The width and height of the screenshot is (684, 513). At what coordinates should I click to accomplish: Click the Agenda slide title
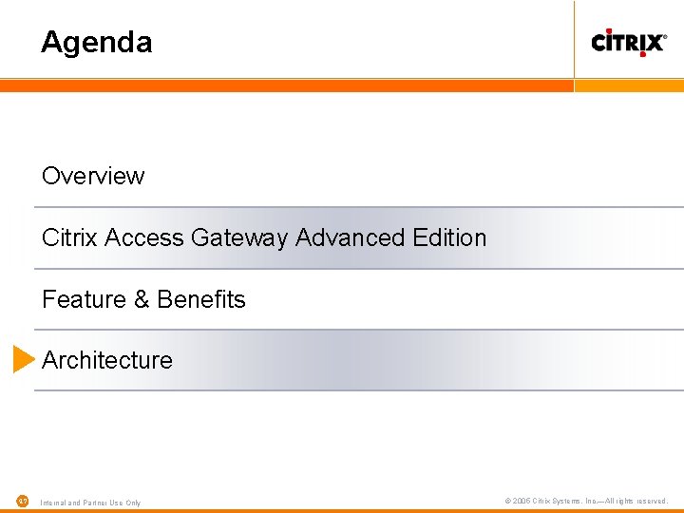coord(96,43)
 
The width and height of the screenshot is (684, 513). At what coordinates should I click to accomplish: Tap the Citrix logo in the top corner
coord(629,42)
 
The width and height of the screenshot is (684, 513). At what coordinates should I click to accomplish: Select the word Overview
coord(93,176)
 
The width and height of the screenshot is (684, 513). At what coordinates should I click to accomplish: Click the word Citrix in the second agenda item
coord(70,237)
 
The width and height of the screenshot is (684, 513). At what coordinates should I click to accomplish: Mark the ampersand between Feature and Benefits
coord(142,299)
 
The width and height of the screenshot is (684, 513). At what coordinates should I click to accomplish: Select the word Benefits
coord(201,299)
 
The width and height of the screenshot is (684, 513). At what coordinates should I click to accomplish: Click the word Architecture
coord(107,360)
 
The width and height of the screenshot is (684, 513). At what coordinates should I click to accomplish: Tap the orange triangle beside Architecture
coord(23,359)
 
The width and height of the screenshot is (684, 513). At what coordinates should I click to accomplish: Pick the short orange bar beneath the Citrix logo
coord(630,85)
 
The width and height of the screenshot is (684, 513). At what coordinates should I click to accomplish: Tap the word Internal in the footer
coord(54,503)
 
